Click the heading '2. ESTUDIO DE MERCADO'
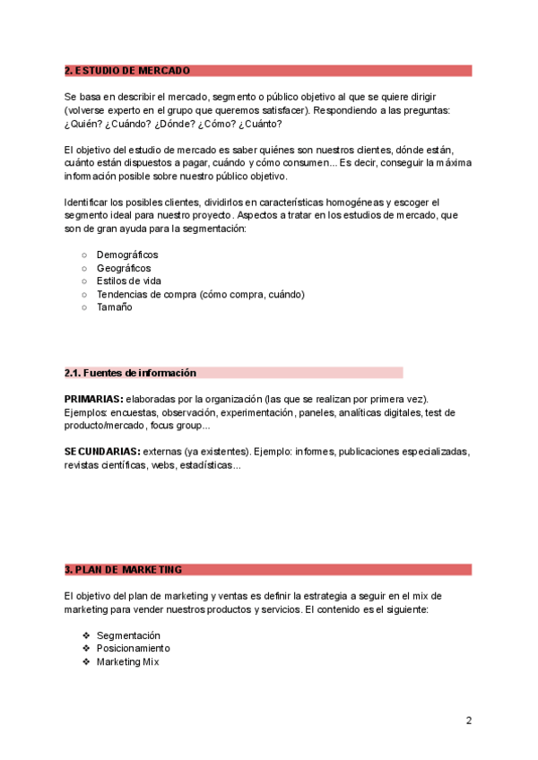coord(126,71)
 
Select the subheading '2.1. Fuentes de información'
coord(130,373)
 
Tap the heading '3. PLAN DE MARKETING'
coord(123,569)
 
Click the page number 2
coord(468,721)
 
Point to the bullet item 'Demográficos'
coord(127,255)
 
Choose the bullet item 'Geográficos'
coord(124,268)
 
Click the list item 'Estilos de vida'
coord(129,281)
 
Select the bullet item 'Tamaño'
coord(114,307)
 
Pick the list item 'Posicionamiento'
coord(133,648)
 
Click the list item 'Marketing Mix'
coord(128,661)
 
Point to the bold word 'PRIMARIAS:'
coord(93,399)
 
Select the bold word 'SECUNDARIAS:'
coord(102,452)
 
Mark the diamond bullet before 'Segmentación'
coord(86,635)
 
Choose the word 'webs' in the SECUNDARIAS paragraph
coord(163,465)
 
